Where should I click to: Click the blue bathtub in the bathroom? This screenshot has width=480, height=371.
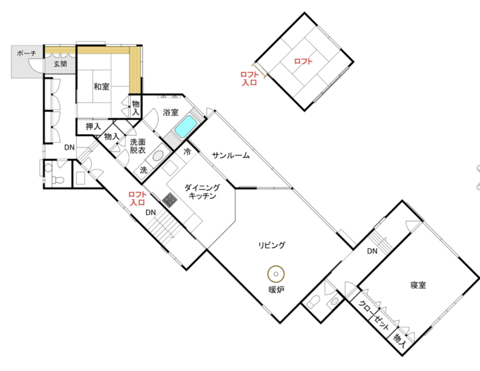pyautogui.click(x=185, y=127)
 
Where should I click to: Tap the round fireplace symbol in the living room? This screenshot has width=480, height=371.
pyautogui.click(x=276, y=274)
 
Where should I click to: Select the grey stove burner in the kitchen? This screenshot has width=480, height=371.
pyautogui.click(x=169, y=200)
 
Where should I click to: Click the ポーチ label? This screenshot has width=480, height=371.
pyautogui.click(x=27, y=53)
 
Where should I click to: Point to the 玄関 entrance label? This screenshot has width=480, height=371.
pyautogui.click(x=60, y=63)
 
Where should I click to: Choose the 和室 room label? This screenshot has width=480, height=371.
pyautogui.click(x=101, y=86)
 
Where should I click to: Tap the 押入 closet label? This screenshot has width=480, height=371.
pyautogui.click(x=93, y=126)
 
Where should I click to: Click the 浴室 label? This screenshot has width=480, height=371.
pyautogui.click(x=171, y=112)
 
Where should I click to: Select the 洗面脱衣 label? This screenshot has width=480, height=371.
pyautogui.click(x=137, y=146)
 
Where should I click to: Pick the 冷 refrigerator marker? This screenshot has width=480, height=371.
pyautogui.click(x=187, y=151)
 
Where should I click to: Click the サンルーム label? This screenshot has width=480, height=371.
pyautogui.click(x=231, y=155)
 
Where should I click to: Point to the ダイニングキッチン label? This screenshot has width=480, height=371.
pyautogui.click(x=202, y=192)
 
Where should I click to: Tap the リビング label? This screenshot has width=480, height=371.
pyautogui.click(x=272, y=245)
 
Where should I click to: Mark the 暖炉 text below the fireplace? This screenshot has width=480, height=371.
pyautogui.click(x=276, y=290)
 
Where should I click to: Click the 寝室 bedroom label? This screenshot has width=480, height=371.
pyautogui.click(x=418, y=285)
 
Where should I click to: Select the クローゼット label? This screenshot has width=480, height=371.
pyautogui.click(x=373, y=316)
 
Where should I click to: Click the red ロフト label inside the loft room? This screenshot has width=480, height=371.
pyautogui.click(x=303, y=61)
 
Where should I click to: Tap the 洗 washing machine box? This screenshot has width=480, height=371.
pyautogui.click(x=143, y=170)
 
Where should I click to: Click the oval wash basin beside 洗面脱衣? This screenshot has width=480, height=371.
pyautogui.click(x=157, y=156)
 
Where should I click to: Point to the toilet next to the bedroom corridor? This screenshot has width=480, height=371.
pyautogui.click(x=313, y=302)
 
